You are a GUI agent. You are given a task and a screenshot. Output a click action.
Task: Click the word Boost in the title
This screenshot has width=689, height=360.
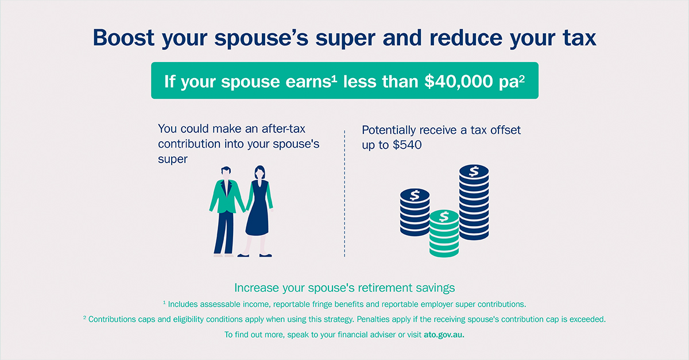point(123,37)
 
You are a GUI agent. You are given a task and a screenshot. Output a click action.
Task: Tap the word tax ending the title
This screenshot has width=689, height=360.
point(579,38)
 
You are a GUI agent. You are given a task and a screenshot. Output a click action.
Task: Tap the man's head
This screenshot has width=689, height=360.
point(226,173)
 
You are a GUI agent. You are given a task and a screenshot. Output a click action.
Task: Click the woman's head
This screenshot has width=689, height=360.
point(260,173)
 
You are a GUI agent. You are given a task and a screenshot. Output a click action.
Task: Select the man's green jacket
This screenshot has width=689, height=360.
point(227,197)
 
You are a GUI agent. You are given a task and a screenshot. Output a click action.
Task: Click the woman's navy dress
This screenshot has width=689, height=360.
point(258,209)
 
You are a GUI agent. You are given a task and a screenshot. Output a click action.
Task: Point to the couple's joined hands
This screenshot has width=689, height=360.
point(246,211)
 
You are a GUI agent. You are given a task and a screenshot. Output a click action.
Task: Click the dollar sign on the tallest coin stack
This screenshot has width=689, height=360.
point(474,171)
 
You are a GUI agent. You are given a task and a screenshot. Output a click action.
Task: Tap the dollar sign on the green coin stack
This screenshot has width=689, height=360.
point(444,216)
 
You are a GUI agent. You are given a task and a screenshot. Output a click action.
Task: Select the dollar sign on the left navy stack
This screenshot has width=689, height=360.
point(415,195)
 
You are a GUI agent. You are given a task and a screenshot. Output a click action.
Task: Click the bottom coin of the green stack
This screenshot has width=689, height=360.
point(444,251)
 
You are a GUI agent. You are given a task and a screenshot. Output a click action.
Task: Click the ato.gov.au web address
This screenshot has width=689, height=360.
point(444,335)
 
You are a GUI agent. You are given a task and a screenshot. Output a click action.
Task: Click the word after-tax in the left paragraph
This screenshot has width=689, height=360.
point(283,129)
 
